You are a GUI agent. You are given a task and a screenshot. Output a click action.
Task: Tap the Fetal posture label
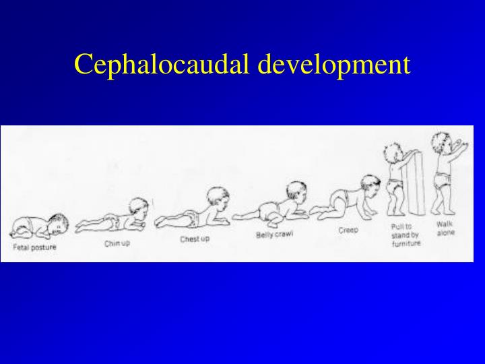34,247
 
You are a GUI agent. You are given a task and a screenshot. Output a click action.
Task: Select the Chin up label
117,243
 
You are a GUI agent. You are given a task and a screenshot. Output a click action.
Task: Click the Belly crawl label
274,235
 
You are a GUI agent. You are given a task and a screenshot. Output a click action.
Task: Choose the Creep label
348,230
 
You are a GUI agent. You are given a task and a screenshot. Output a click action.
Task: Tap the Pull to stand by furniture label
406,235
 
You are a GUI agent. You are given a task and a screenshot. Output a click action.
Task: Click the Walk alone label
445,228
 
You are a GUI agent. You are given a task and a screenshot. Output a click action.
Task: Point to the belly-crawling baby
273,206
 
